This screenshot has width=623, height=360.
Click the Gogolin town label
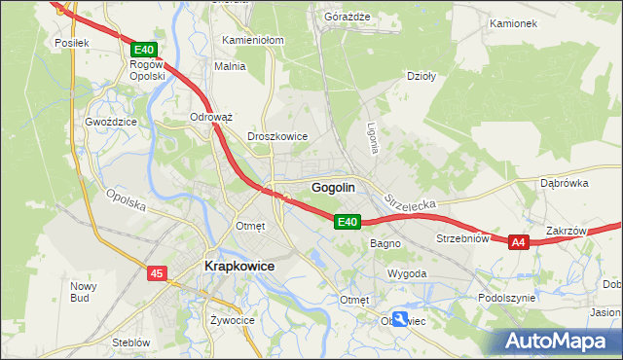click(x=333, y=187)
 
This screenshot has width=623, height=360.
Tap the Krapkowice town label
click(x=238, y=266)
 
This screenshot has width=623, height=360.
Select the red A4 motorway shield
click(x=518, y=242)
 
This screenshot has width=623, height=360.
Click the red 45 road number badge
click(x=157, y=274)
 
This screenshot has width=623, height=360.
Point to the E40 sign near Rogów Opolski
click(x=143, y=50)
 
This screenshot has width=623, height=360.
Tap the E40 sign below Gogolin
click(x=348, y=223)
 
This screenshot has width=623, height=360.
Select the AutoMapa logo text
click(x=559, y=342)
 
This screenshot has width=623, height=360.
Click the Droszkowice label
click(x=277, y=137)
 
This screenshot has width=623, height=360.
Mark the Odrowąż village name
click(x=211, y=117)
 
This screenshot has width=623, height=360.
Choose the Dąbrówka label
click(x=565, y=183)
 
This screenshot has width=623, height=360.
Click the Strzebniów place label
click(x=461, y=238)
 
